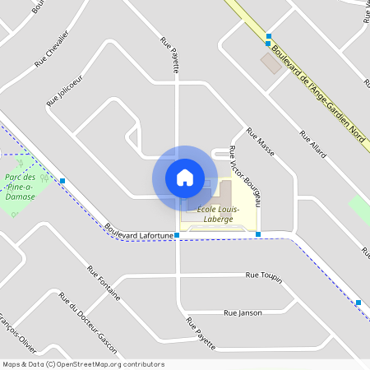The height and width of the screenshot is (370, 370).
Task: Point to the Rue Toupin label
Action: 264,277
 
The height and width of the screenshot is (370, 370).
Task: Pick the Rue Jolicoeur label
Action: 65,91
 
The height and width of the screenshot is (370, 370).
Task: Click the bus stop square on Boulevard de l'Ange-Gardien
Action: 268,36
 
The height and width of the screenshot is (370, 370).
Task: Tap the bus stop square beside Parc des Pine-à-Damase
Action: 62,180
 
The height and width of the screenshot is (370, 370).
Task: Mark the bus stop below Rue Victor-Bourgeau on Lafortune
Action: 258,235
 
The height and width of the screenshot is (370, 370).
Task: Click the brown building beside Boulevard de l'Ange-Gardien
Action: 271,62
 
